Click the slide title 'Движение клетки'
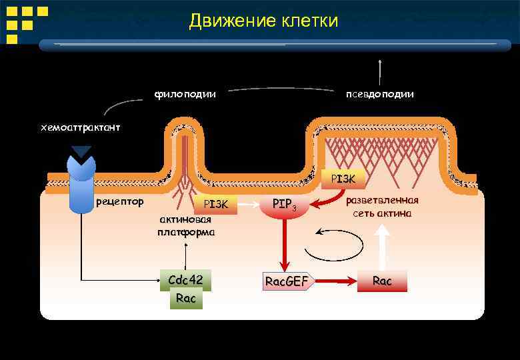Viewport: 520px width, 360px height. click(263, 21)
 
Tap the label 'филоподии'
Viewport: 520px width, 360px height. click(185, 94)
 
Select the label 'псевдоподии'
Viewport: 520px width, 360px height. click(379, 94)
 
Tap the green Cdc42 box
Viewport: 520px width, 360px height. click(185, 280)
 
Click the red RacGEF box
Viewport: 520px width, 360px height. click(287, 281)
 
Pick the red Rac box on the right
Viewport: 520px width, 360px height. click(382, 281)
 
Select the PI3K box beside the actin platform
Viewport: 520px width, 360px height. click(215, 204)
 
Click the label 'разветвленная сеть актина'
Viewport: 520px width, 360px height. click(382, 207)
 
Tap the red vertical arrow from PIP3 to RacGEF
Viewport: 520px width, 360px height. click(285, 243)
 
